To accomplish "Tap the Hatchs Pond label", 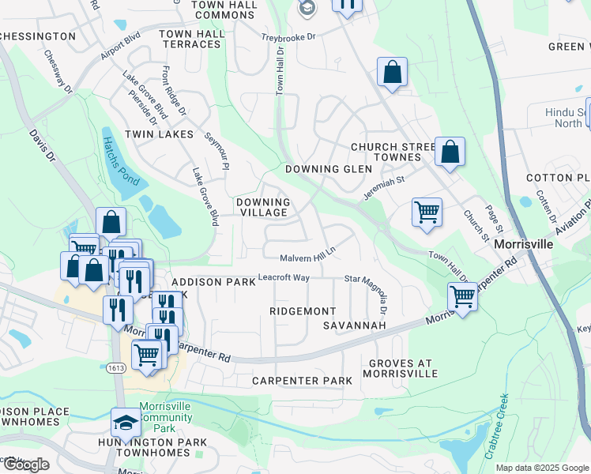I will coord(119,160).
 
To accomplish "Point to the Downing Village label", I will coord(263,207).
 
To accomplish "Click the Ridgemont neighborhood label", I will coord(303,311).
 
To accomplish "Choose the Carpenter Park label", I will coord(302,381).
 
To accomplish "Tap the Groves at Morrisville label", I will coord(403,367).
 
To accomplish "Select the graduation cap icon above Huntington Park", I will coord(126,423).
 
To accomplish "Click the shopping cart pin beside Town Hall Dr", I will coord(462,297).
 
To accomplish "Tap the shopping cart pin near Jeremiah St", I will coord(427,212).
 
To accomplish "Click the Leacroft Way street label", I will coord(284,278).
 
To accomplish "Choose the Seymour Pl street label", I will coord(216,150).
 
